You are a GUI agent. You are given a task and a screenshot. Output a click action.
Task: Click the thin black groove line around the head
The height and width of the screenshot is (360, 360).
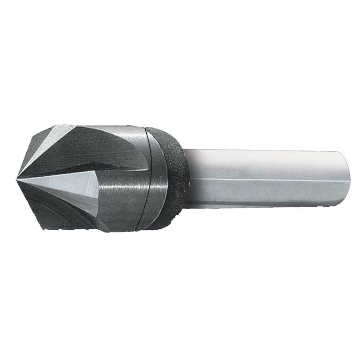149,178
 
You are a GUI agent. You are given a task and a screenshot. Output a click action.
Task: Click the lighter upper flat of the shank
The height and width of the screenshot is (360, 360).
262,164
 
